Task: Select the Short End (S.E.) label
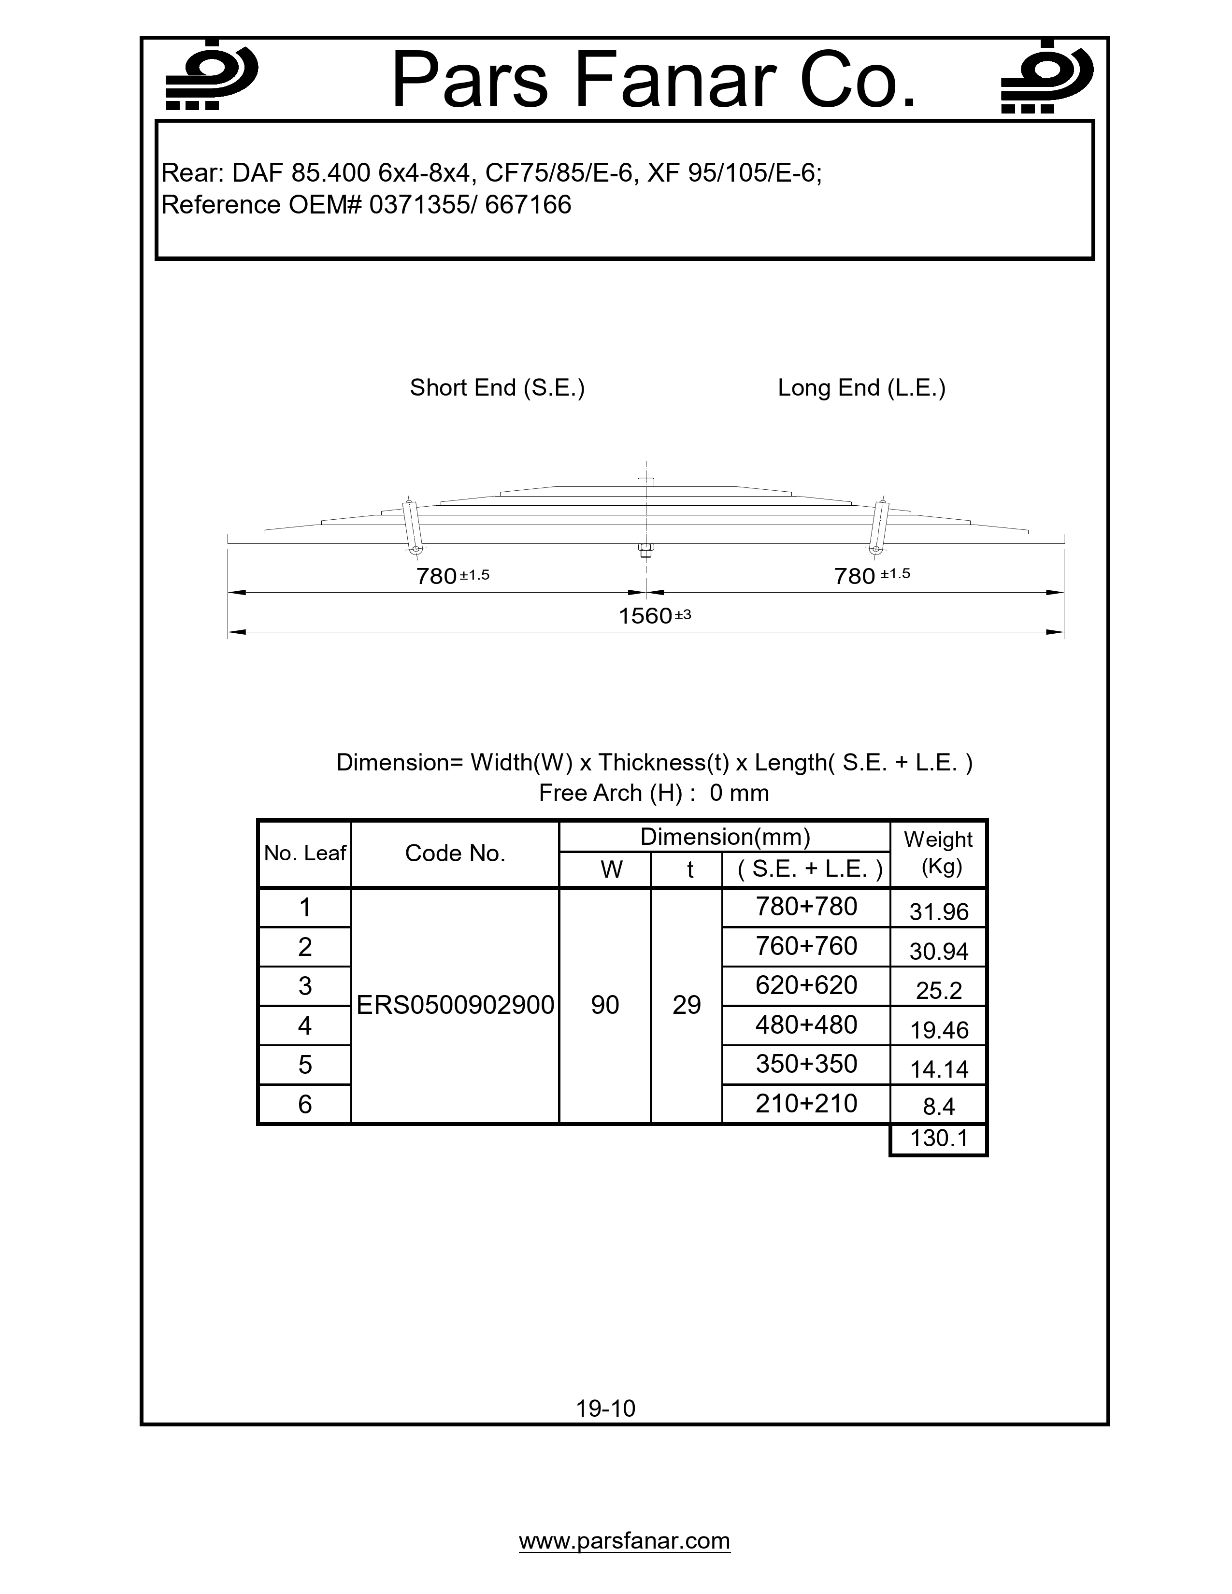click(x=497, y=387)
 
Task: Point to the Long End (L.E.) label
click(x=861, y=387)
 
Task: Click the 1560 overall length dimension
click(x=646, y=616)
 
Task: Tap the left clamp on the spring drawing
click(x=411, y=526)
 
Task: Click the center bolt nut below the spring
click(x=645, y=550)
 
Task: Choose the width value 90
click(x=605, y=1005)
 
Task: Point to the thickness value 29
click(x=686, y=1005)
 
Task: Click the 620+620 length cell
click(x=806, y=985)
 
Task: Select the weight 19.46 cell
click(x=939, y=1030)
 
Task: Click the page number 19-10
click(x=606, y=1408)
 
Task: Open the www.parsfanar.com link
click(x=624, y=1541)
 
